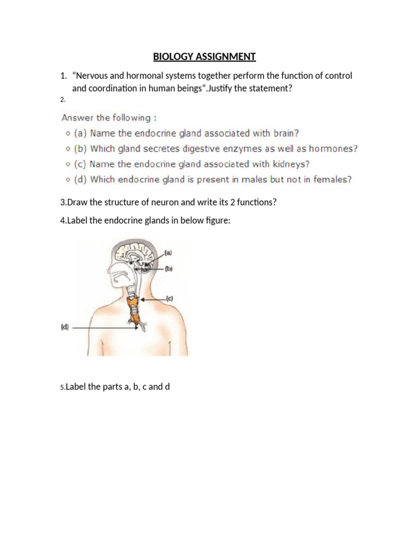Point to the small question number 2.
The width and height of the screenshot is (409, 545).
tap(62, 100)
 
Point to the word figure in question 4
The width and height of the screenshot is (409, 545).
tap(218, 220)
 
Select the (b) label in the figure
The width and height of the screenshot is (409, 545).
tap(169, 269)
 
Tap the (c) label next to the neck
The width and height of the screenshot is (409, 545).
tap(170, 299)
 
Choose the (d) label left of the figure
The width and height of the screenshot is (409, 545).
tap(64, 328)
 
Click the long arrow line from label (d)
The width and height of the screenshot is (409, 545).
tap(104, 328)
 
